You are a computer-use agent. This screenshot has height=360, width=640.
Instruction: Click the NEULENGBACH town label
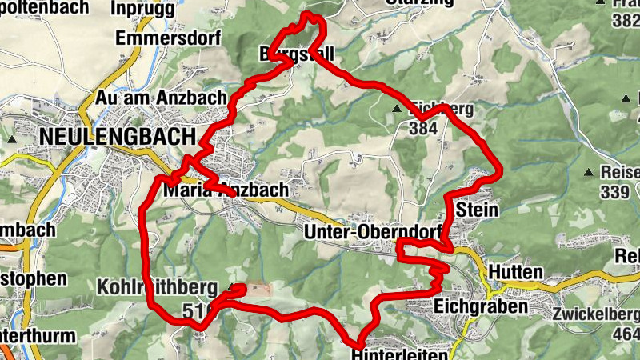point(116,137)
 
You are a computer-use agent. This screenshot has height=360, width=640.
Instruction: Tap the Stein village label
point(478,210)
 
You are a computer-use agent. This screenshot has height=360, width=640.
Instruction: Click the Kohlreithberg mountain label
point(157,286)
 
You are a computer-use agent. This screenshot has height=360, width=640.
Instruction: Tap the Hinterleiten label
point(392,350)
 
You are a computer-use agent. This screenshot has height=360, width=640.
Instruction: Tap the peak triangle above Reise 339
point(590,172)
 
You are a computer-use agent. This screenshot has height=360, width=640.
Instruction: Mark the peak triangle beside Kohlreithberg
point(233,286)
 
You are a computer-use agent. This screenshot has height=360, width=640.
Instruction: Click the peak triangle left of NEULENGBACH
point(13,138)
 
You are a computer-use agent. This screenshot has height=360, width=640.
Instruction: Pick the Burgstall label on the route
point(296,54)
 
